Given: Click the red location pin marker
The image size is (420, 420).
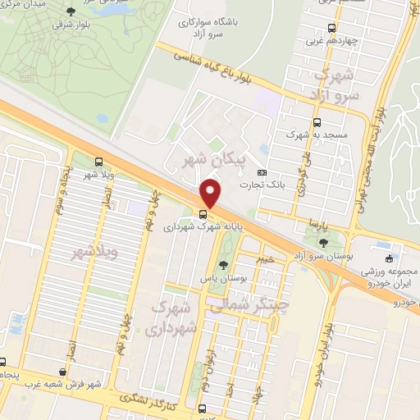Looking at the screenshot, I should coord(210,194).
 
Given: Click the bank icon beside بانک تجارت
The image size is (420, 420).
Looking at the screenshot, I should coord(262,172).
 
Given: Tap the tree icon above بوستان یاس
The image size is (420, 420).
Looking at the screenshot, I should coord(224,264).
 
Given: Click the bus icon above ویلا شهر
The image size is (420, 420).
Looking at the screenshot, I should coord(98,162).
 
